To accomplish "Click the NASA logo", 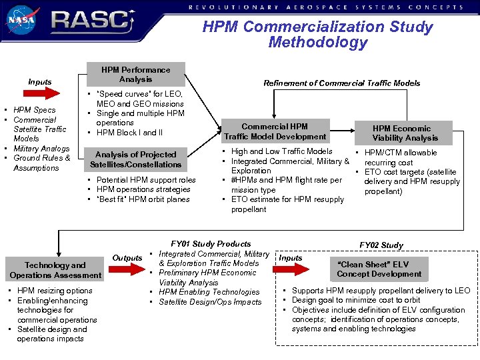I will pos(22,19).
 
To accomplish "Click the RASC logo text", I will pos(90,21).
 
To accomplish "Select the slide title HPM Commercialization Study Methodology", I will pos(317,35).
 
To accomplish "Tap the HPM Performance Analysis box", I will pos(135,74).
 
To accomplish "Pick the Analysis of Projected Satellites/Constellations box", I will pos(135,159).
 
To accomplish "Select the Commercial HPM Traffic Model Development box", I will pos(275,131).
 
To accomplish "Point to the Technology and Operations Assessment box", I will pos(55,270).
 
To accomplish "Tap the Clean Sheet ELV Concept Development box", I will pos(379,269).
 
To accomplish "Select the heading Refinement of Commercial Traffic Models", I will pos(341,83).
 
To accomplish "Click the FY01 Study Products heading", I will pos(211,244).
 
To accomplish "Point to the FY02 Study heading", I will pos(381,245).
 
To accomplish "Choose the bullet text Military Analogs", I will pos(41,149).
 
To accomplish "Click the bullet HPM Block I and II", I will pos(129,133).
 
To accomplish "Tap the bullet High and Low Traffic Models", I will pos(281,151).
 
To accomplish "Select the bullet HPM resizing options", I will pos(55,291).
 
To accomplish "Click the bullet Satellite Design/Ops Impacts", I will pos(210,302).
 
